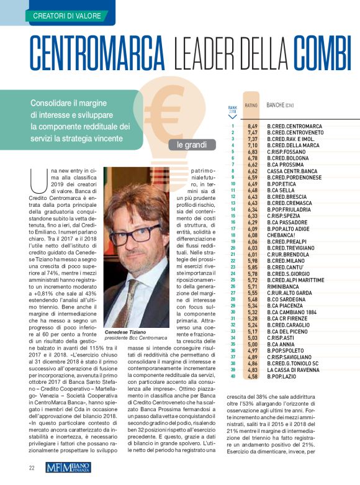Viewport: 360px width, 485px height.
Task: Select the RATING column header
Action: coord(251,106)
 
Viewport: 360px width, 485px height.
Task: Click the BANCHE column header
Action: coord(284,106)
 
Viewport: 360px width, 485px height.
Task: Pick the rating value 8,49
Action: coord(252,127)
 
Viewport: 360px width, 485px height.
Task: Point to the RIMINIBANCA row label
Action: coord(287,287)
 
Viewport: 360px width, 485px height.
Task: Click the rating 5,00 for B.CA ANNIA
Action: coord(252,343)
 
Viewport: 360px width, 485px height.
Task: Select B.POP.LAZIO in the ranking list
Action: coord(286,376)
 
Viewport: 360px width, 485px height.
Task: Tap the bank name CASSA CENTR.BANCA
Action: coord(292,171)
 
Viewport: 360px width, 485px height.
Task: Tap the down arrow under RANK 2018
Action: coord(232,116)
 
